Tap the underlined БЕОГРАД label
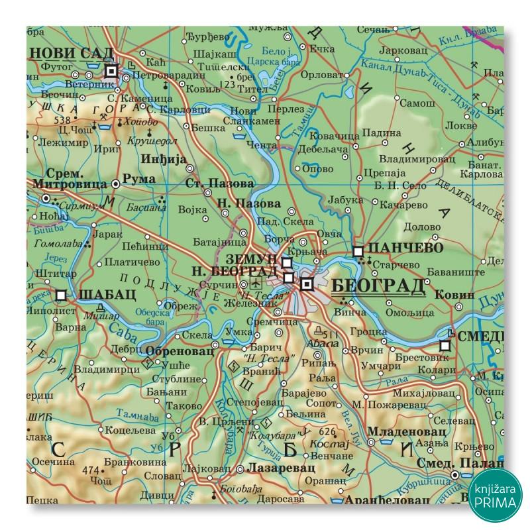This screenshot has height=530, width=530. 376,286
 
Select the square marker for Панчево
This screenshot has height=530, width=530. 358,252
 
